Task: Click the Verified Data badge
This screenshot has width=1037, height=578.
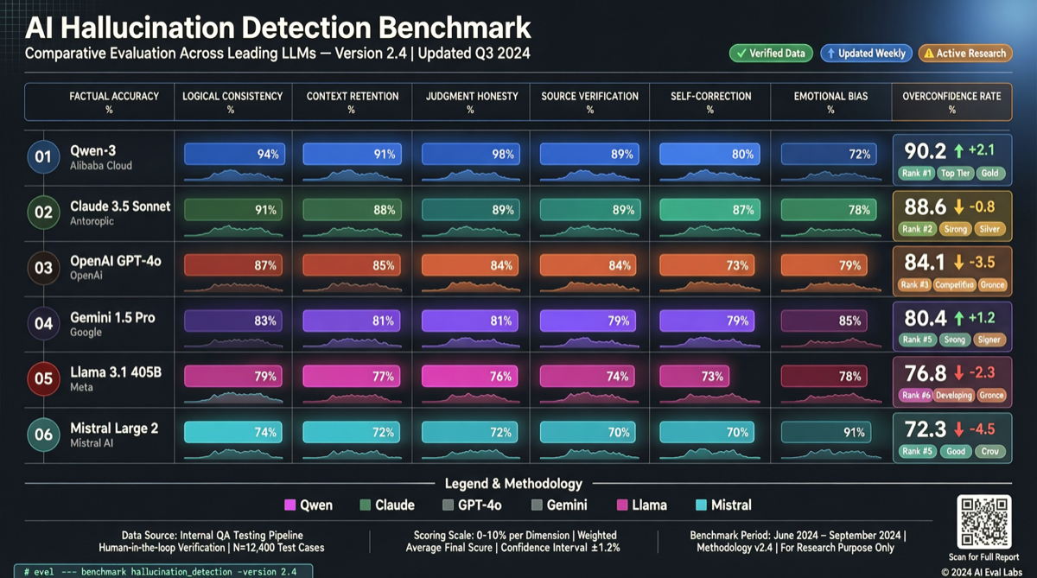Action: click(x=770, y=53)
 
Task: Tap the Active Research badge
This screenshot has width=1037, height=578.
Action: click(x=964, y=53)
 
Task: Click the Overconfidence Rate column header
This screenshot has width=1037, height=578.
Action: click(x=951, y=102)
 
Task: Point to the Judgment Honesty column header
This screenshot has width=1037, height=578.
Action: click(x=470, y=102)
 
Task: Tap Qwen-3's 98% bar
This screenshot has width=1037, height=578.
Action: click(x=469, y=155)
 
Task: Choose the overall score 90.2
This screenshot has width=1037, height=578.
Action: click(x=926, y=150)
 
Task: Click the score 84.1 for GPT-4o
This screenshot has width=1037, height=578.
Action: click(x=926, y=262)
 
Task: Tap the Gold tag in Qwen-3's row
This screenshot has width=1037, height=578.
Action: click(x=989, y=173)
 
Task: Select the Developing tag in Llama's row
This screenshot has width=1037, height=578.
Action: click(x=953, y=395)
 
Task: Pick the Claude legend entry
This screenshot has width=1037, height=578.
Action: click(x=387, y=505)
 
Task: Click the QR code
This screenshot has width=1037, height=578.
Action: click(x=984, y=521)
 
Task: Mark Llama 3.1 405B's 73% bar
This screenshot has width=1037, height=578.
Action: click(x=694, y=377)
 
